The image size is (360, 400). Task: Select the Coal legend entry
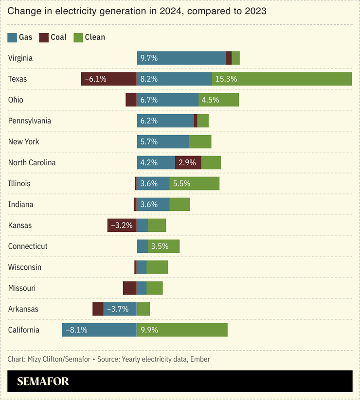tap(53, 37)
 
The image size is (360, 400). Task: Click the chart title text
tap(137, 11)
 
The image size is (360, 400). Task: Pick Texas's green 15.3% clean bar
tap(282, 79)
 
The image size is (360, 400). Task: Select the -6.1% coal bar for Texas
tap(108, 79)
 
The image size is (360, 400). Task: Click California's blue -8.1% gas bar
tap(99, 330)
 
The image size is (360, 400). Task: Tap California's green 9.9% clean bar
tap(182, 330)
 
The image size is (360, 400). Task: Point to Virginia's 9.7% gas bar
tap(181, 58)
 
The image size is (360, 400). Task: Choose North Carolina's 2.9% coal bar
tap(188, 163)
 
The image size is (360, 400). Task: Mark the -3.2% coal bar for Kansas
tap(122, 226)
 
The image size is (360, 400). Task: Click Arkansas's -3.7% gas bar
tap(120, 309)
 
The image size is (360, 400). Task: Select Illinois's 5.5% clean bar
tap(194, 184)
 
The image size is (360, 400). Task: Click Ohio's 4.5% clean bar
tap(218, 100)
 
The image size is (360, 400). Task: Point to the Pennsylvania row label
tap(30, 121)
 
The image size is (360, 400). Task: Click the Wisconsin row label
tap(25, 267)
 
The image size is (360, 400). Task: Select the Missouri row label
tap(22, 288)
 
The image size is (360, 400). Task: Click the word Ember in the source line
tap(199, 359)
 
